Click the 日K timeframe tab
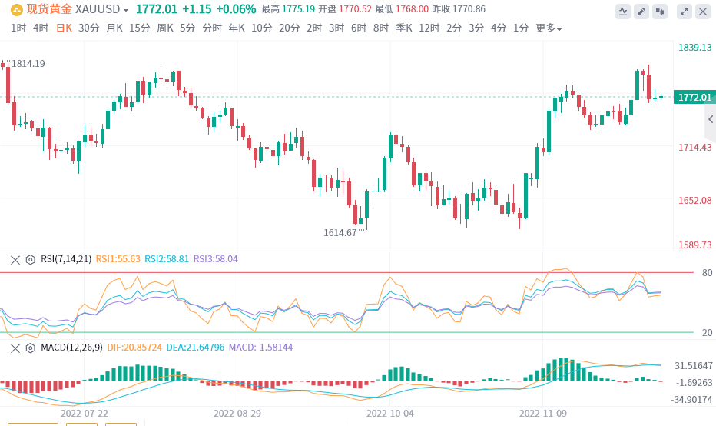(x=64, y=28)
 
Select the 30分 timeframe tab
(x=88, y=28)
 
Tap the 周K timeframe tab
(x=164, y=28)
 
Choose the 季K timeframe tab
(x=404, y=28)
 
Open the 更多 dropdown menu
(x=548, y=28)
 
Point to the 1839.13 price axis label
(x=694, y=48)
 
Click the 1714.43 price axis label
(x=694, y=147)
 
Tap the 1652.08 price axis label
(x=694, y=200)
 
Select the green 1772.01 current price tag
(x=694, y=97)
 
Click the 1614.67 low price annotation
(x=340, y=232)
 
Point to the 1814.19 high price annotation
(x=28, y=63)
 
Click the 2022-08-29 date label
(x=237, y=413)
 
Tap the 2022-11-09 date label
(x=542, y=413)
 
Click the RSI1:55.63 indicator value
(x=118, y=259)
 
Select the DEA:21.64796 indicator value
(x=195, y=348)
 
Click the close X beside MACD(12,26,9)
(x=15, y=348)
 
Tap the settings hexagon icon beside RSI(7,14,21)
(x=31, y=259)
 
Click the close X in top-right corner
(x=701, y=11)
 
